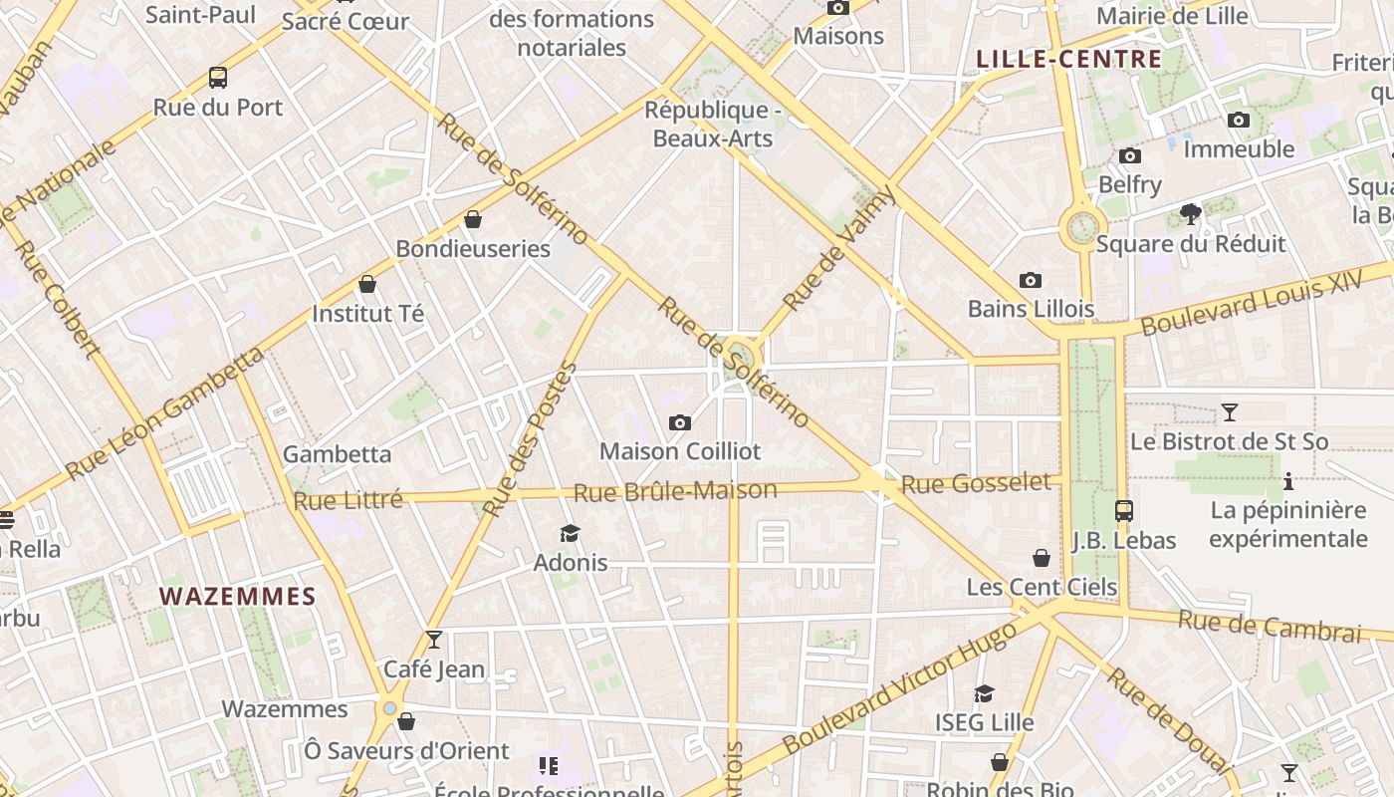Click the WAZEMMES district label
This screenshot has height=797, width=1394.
tap(237, 597)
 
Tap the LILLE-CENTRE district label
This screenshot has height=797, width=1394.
tap(1069, 59)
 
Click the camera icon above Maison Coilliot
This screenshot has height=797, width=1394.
tap(680, 423)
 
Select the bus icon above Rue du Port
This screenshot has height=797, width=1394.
tap(217, 77)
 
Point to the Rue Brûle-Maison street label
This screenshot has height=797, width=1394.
tap(675, 491)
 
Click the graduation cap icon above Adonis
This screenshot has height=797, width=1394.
tap(570, 534)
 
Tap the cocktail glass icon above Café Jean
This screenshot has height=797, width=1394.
tap(434, 640)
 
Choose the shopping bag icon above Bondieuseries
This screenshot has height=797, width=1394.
tap(473, 219)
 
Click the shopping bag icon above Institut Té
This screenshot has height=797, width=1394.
tap(367, 284)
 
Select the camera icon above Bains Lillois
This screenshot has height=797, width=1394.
tap(1031, 281)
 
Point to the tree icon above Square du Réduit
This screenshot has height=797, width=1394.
tap(1190, 213)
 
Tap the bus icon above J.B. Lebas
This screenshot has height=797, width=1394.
tap(1124, 511)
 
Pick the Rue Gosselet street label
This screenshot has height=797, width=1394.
tap(976, 484)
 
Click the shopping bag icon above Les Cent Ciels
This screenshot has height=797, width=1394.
tap(1042, 558)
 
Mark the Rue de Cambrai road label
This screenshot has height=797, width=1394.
tap(1269, 627)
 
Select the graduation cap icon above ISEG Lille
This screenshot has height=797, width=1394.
tap(984, 693)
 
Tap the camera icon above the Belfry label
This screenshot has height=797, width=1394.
tap(1130, 156)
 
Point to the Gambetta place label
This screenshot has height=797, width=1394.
tap(337, 454)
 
